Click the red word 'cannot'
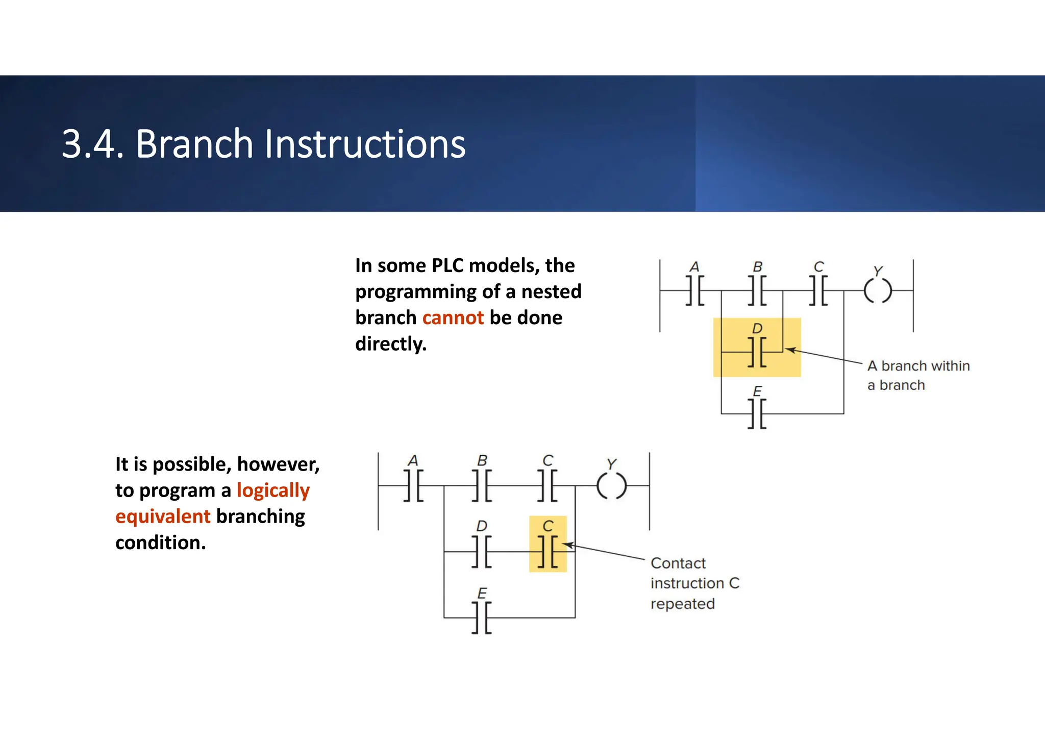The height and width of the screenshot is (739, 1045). pyautogui.click(x=453, y=318)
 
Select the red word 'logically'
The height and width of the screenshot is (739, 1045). pyautogui.click(x=273, y=490)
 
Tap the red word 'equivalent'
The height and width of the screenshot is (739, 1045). pyautogui.click(x=163, y=516)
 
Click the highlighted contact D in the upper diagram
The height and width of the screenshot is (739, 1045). pyautogui.click(x=757, y=352)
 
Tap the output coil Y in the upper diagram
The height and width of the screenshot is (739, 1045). pyautogui.click(x=878, y=291)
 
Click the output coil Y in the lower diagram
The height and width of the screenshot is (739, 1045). pyautogui.click(x=611, y=485)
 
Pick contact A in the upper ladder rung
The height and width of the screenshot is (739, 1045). pyautogui.click(x=694, y=291)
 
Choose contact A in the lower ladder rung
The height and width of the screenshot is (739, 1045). pyautogui.click(x=413, y=485)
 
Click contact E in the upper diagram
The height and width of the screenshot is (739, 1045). pyautogui.click(x=757, y=413)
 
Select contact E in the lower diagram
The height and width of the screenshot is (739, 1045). pyautogui.click(x=482, y=618)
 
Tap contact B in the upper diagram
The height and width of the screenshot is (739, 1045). pyautogui.click(x=757, y=291)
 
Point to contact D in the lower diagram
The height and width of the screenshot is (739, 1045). pyautogui.click(x=482, y=551)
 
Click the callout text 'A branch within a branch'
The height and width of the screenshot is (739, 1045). pyautogui.click(x=917, y=375)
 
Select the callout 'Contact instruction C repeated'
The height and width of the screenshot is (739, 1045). pyautogui.click(x=694, y=583)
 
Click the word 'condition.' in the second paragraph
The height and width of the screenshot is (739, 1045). pyautogui.click(x=160, y=543)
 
